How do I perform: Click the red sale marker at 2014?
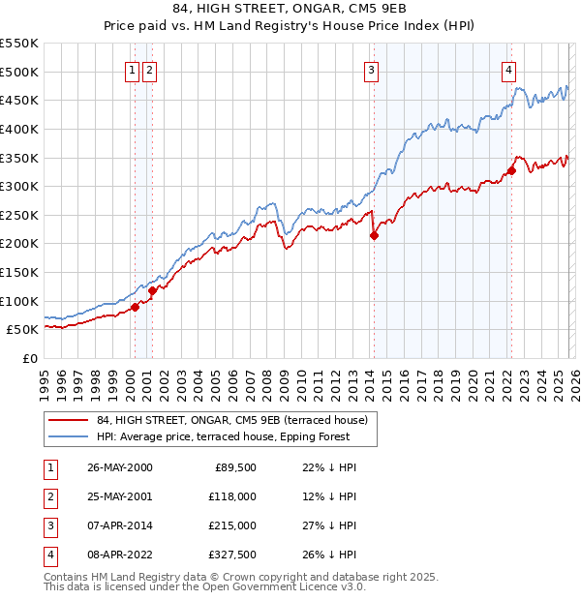(374, 235)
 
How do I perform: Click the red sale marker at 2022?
(510, 171)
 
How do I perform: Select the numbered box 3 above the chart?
(372, 69)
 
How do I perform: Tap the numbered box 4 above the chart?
(508, 69)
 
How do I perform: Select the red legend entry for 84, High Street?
(231, 421)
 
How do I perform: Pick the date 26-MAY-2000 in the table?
(119, 467)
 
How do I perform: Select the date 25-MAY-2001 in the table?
(119, 495)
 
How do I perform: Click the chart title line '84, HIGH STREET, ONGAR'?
(290, 11)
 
